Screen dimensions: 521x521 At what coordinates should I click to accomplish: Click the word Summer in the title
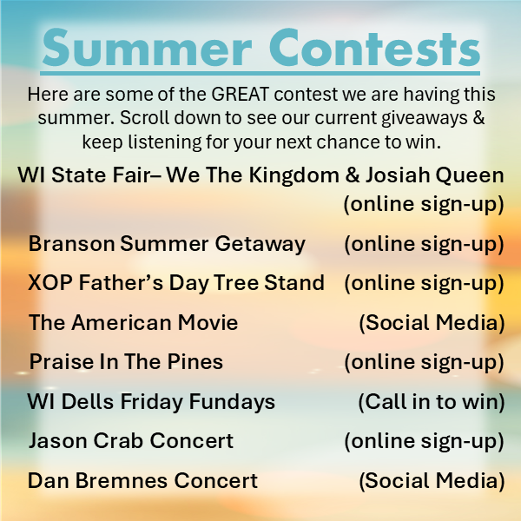pos(147,49)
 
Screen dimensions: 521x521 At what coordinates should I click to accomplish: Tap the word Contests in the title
pos(374,48)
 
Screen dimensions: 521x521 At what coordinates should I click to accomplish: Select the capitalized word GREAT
pos(240,95)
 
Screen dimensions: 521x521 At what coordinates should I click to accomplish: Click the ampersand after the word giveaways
pos(478,117)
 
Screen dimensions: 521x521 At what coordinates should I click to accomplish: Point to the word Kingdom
pos(294,175)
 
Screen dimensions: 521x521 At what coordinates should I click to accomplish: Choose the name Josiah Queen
pos(435,175)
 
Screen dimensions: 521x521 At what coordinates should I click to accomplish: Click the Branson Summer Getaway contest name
pos(167,244)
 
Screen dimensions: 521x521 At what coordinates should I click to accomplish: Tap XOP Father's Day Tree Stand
pos(176,283)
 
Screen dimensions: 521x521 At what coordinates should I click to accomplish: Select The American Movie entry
pos(133,323)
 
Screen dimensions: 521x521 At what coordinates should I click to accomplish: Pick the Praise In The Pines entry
pos(126,361)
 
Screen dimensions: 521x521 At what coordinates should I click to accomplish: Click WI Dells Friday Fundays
pos(151,402)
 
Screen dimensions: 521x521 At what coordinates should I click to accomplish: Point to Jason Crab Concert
pos(131,441)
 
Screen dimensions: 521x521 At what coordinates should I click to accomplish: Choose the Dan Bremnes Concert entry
pos(143,480)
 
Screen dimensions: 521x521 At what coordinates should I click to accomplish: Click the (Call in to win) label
pos(432,402)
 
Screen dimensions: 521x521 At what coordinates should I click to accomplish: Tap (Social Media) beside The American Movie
pos(432,323)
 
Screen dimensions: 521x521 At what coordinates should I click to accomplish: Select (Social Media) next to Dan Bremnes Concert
pos(432,481)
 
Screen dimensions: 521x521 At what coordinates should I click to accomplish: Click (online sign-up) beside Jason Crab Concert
pos(425,442)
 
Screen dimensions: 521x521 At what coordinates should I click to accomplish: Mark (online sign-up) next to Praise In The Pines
pos(425,362)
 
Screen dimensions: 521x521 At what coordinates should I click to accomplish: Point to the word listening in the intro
pos(165,142)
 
